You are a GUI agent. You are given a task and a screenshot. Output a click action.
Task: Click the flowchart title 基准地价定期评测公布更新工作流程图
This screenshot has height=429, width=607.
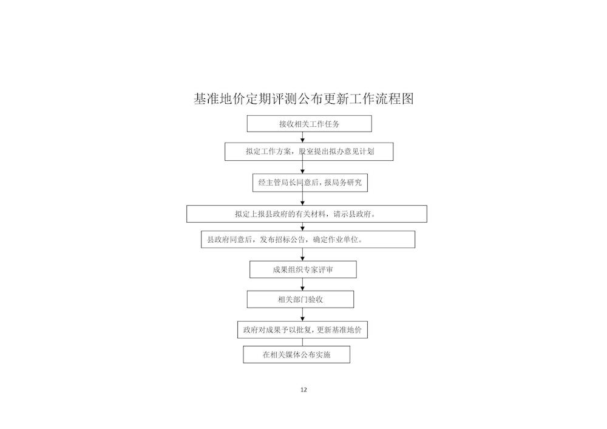[304, 99]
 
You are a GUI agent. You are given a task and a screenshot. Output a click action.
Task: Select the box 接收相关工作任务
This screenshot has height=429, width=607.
[310, 124]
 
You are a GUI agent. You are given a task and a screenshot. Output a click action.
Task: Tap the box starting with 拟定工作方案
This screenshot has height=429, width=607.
[309, 152]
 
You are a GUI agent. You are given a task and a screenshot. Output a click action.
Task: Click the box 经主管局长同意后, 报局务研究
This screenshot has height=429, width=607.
[310, 183]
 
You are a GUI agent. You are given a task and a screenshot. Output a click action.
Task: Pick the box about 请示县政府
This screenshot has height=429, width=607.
[307, 214]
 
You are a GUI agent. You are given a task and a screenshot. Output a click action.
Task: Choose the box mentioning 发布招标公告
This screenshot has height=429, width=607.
[308, 240]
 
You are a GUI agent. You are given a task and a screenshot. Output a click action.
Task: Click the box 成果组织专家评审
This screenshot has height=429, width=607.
[303, 269]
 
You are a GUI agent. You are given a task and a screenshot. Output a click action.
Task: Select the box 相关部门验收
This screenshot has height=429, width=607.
[300, 299]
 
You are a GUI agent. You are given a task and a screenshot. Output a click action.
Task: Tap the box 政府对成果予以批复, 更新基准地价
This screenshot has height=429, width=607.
[302, 330]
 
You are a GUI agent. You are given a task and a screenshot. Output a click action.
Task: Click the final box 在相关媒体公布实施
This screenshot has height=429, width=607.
[297, 355]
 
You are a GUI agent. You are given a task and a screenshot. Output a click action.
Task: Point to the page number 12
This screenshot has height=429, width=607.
[303, 390]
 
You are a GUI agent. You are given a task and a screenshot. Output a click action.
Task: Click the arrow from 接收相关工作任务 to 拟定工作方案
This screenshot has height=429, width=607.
[303, 137]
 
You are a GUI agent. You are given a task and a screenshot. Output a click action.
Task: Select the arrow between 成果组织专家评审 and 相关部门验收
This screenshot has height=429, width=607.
[303, 285]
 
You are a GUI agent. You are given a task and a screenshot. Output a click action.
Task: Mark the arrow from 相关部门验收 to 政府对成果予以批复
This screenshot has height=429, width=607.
[303, 314]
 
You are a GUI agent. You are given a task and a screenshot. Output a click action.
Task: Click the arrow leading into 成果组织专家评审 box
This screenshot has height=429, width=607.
[303, 254]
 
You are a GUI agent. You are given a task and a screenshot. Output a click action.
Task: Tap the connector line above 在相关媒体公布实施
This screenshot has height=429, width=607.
[303, 342]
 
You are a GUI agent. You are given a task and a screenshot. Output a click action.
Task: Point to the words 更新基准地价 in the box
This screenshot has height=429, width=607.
[339, 330]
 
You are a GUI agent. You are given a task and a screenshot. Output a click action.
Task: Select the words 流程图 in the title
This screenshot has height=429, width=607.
[395, 99]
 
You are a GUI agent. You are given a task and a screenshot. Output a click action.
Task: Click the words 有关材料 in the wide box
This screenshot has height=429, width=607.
[311, 214]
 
